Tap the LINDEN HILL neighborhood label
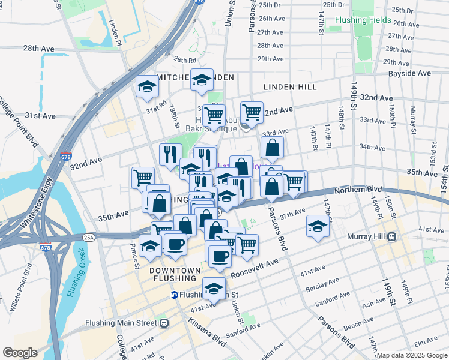[290, 87]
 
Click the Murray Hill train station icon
[391, 236]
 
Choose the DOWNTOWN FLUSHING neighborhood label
[175, 275]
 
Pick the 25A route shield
[88, 238]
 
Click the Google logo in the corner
[19, 353]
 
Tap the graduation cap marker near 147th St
[318, 226]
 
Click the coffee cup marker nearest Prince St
[175, 244]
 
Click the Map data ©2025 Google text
[411, 355]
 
